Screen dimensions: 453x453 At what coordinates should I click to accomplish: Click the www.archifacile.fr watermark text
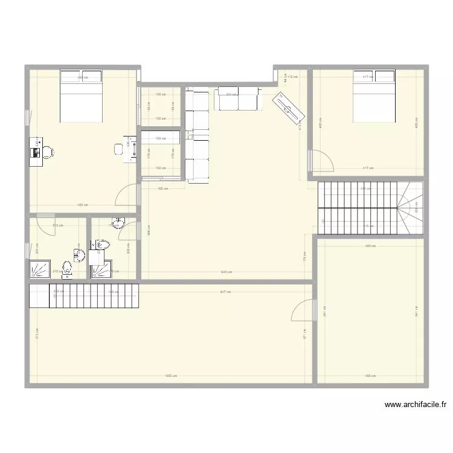(x=414, y=405)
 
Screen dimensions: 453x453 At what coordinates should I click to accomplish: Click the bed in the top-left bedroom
(x=81, y=95)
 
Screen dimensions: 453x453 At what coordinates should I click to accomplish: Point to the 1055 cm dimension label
(x=170, y=376)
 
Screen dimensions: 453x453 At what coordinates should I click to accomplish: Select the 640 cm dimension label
(x=225, y=272)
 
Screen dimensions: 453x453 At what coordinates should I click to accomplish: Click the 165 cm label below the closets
(x=162, y=189)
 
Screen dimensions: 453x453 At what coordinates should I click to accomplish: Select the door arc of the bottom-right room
(x=302, y=310)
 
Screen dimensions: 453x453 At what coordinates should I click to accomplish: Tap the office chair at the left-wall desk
(x=48, y=152)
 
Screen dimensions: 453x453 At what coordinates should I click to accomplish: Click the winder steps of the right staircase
(x=411, y=208)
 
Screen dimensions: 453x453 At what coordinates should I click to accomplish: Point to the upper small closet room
(x=161, y=106)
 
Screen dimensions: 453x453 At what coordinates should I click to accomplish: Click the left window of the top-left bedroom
(x=27, y=118)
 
